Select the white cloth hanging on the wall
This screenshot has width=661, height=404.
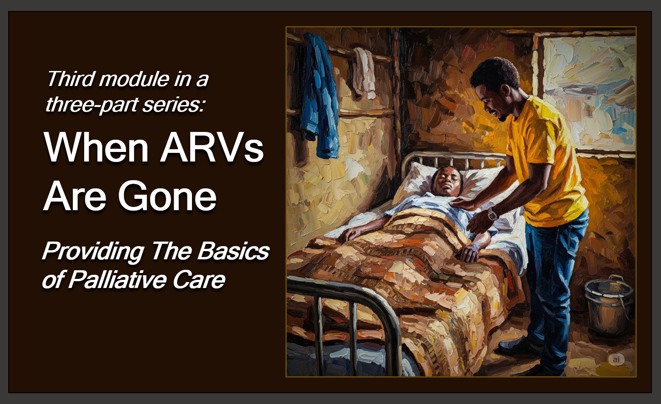[x=365, y=72]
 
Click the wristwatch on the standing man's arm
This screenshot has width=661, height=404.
[x=492, y=214]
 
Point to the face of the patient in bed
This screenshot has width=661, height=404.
[x=446, y=181]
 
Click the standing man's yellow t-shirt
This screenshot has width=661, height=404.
[x=546, y=165]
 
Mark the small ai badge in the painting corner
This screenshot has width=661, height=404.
[x=616, y=359]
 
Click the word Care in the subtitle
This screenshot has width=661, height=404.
[x=199, y=280]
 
